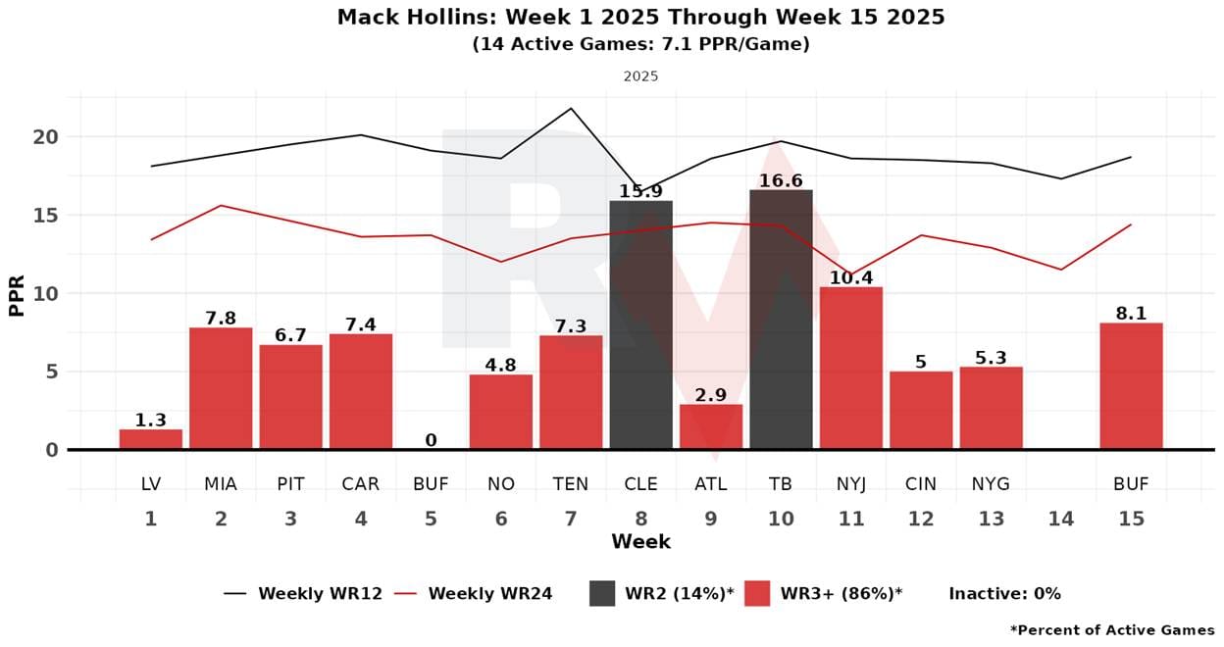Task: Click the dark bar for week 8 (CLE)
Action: point(640,325)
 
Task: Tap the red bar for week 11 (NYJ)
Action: point(850,369)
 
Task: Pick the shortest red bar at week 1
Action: point(150,439)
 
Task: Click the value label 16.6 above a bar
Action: point(781,181)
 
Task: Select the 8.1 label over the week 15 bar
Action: point(1131,315)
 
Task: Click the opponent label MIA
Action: point(221,484)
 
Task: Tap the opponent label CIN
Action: point(921,484)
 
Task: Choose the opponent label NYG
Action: point(991,484)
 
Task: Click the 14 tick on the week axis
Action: point(1061,519)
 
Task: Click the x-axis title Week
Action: point(640,542)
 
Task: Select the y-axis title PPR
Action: point(17,294)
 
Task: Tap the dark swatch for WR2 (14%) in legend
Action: point(602,593)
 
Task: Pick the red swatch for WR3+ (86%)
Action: point(756,593)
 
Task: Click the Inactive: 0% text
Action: point(1004,594)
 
